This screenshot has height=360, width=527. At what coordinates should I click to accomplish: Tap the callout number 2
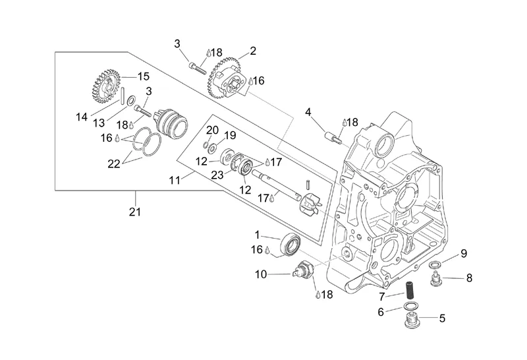coord(252,50)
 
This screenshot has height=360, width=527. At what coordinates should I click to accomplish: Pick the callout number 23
coord(217,175)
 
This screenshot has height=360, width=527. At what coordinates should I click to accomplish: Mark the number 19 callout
coord(229,135)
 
